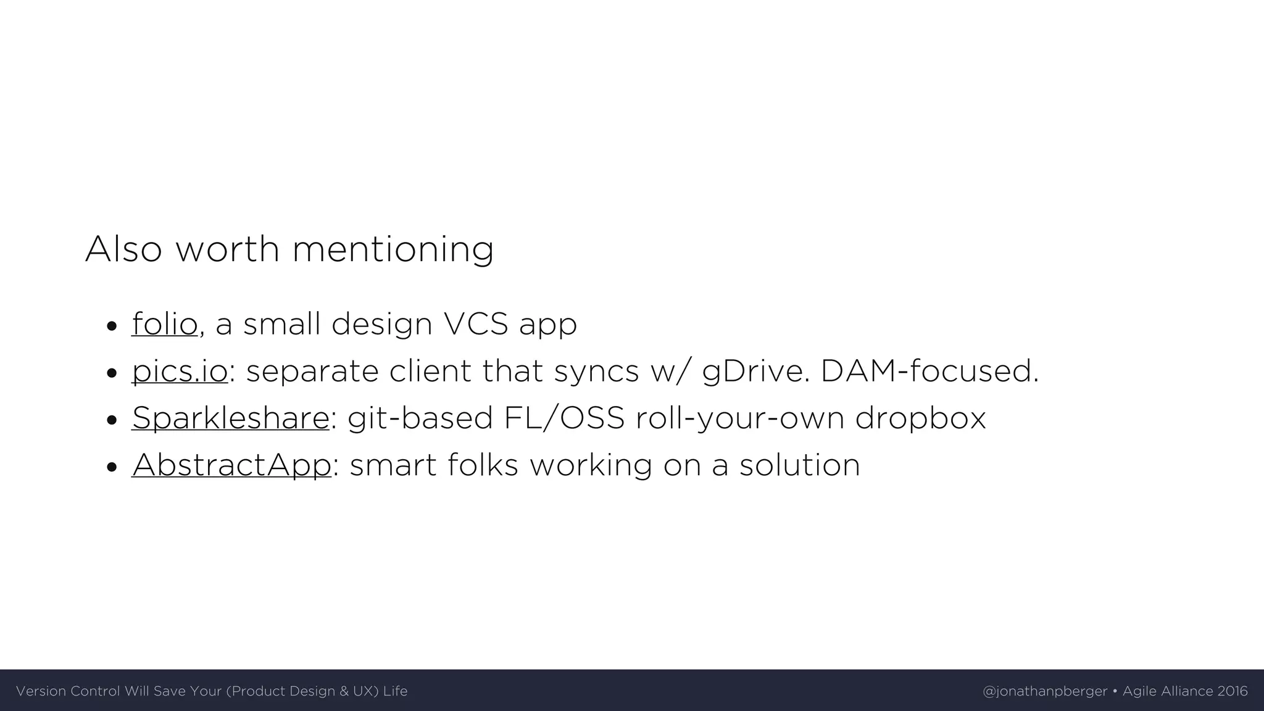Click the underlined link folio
[x=164, y=324]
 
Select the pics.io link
[x=180, y=371]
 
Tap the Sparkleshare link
[x=230, y=418]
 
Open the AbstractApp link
[x=231, y=465]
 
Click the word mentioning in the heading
[x=393, y=249]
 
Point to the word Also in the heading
[x=123, y=249]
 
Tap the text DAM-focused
[x=929, y=371]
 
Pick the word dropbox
[x=920, y=418]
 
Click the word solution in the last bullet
[x=799, y=465]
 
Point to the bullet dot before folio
[x=112, y=326]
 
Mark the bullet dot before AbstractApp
[x=112, y=467]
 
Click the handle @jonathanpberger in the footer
[x=1044, y=691]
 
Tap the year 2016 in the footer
[x=1233, y=691]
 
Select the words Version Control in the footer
[x=68, y=691]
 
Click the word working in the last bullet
[x=591, y=465]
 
